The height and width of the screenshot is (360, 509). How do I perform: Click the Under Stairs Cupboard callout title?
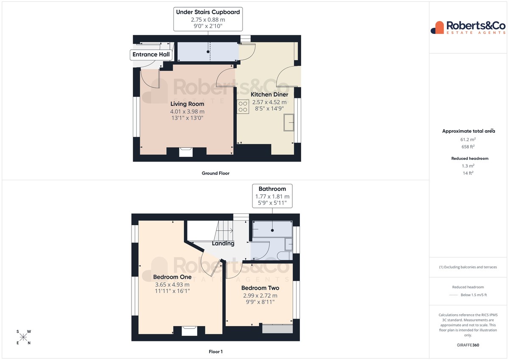(x=208, y=12)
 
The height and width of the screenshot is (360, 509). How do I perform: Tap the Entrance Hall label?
(x=151, y=55)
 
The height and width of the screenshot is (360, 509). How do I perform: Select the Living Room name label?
(x=187, y=104)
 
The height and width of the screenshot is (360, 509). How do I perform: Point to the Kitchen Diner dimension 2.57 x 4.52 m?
(x=269, y=102)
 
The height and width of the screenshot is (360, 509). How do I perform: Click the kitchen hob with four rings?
(x=243, y=106)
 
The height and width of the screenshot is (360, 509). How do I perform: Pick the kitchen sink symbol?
(x=288, y=123)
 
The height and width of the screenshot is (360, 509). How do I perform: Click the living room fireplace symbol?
(x=186, y=152)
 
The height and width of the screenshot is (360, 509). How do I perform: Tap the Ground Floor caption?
(x=215, y=173)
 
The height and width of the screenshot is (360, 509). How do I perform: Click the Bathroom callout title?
(x=272, y=189)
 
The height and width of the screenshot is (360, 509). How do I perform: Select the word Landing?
(x=223, y=243)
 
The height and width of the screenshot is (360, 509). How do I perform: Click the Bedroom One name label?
(x=172, y=277)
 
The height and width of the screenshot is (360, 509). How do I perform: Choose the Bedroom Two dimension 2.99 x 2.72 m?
(x=260, y=296)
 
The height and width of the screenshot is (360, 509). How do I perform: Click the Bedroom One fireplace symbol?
(x=189, y=331)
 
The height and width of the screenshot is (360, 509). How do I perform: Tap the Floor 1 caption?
(x=215, y=352)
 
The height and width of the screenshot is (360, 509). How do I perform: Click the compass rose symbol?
(x=23, y=337)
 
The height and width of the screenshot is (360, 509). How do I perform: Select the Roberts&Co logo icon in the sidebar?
(x=437, y=28)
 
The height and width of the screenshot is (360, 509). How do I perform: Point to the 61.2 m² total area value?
(x=468, y=140)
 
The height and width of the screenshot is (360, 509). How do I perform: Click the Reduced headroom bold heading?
(x=470, y=159)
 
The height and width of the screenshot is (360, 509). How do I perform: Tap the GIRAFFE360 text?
(x=468, y=345)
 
